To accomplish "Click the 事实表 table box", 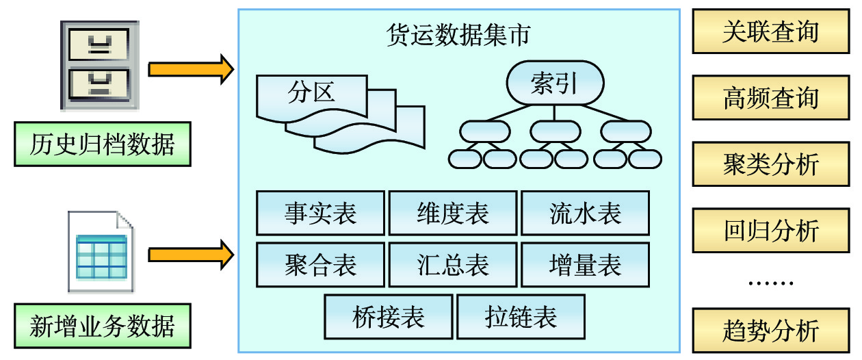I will [x=320, y=214].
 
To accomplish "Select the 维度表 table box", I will [x=453, y=214].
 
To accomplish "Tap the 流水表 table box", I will [x=585, y=214].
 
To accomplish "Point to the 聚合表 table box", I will [x=320, y=265].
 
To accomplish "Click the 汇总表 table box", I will [x=453, y=265].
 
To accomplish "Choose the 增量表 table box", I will [x=585, y=265].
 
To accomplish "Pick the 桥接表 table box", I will [x=388, y=316].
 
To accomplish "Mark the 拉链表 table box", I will [x=521, y=316].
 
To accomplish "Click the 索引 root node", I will [x=554, y=83].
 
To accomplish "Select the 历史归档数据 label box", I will [x=103, y=144].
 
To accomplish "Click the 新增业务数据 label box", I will [x=103, y=325].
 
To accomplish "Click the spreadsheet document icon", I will [x=101, y=251].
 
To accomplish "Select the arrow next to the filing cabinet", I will [x=191, y=69].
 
